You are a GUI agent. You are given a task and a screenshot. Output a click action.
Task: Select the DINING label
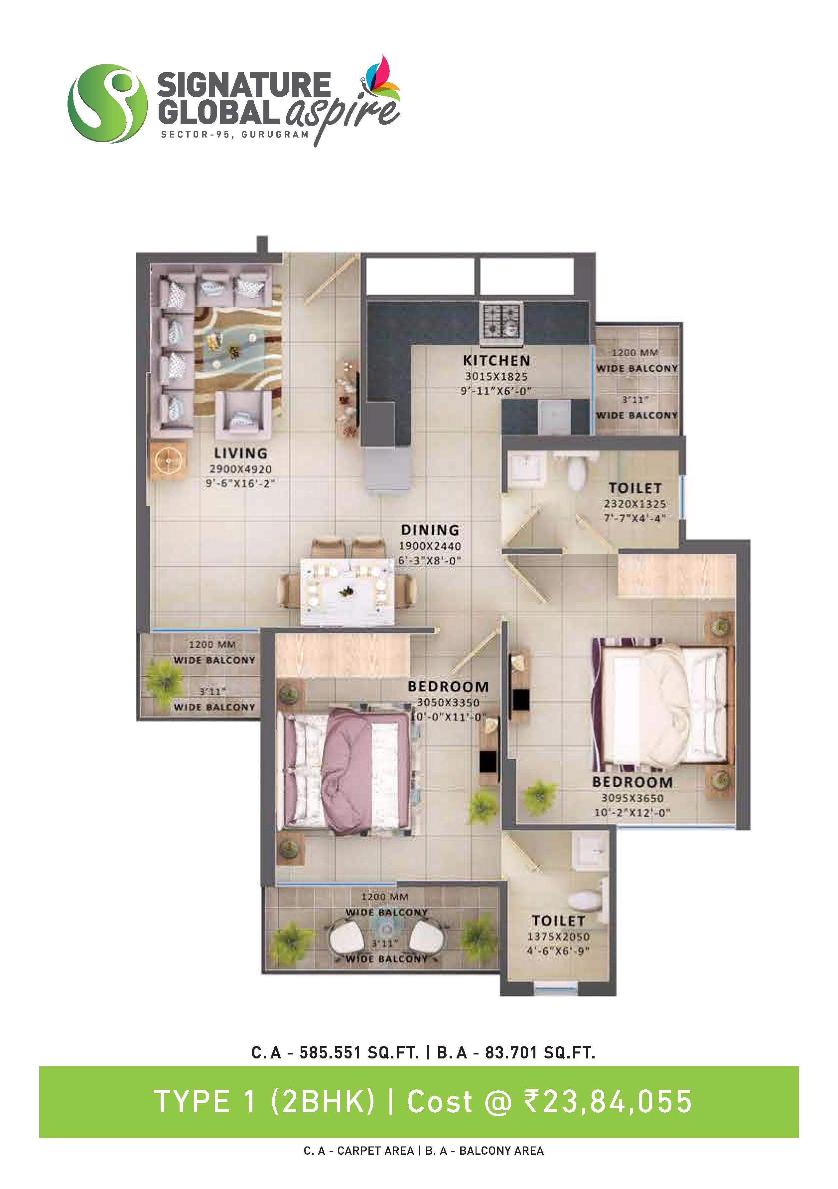tap(430, 530)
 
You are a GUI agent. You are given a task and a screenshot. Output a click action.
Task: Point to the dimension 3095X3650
tap(632, 798)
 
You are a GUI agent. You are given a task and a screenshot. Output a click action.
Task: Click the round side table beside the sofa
tap(168, 460)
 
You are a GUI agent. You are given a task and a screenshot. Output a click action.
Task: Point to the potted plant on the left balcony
tap(164, 679)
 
